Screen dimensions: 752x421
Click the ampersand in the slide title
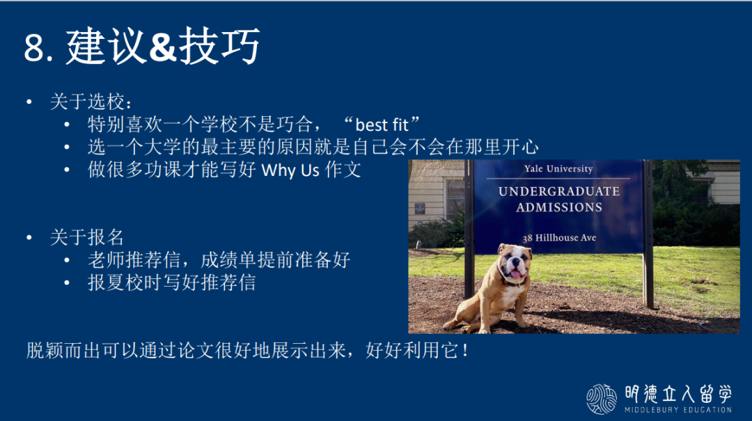pos(163,47)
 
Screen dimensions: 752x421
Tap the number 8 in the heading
pos(33,48)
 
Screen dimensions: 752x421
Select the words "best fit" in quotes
pos(382,125)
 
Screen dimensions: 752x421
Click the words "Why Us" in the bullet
pos(290,170)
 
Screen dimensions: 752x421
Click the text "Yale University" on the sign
pos(558,169)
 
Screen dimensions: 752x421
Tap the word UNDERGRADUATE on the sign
pos(559,191)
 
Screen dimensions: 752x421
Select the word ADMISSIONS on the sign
pos(559,207)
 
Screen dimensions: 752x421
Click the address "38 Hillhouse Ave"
pos(559,238)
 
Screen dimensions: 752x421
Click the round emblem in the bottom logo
pos(602,399)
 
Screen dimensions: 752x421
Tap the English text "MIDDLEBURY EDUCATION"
pos(678,409)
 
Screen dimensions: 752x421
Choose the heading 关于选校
pos(87,102)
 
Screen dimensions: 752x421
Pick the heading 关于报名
pos(87,237)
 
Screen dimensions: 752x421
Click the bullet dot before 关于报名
pos(29,237)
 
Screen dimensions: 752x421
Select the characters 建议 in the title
pos(106,46)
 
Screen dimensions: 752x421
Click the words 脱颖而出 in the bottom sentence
pos(63,351)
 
